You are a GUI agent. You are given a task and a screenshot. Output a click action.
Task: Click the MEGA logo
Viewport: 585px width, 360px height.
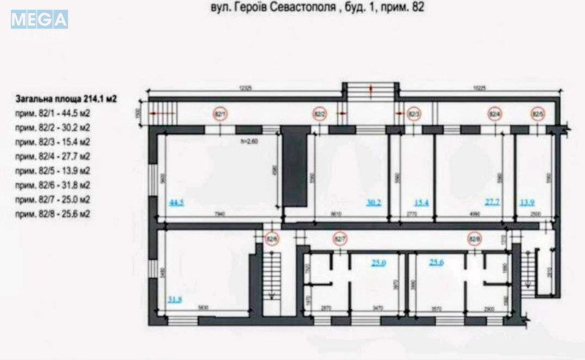[39, 18]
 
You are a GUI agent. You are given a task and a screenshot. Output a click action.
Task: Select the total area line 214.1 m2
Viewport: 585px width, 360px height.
[66, 97]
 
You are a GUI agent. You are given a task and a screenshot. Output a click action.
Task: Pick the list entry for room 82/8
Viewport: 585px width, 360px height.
[52, 214]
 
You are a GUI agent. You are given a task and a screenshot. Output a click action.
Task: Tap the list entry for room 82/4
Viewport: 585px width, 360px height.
[52, 156]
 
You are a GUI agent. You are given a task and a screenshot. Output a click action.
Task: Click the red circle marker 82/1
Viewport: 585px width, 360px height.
[220, 114]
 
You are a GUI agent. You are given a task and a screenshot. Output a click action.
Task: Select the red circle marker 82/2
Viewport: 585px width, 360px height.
[320, 114]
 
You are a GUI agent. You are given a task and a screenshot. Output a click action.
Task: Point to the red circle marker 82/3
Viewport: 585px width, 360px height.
[413, 114]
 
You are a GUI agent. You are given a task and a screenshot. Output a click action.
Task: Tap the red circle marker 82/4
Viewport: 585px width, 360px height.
[494, 114]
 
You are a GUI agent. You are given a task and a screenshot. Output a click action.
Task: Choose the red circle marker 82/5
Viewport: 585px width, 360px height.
[537, 114]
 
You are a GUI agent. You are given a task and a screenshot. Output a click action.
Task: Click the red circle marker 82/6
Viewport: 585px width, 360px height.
[271, 238]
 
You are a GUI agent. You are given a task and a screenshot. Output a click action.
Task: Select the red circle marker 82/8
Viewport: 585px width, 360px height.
[474, 238]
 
